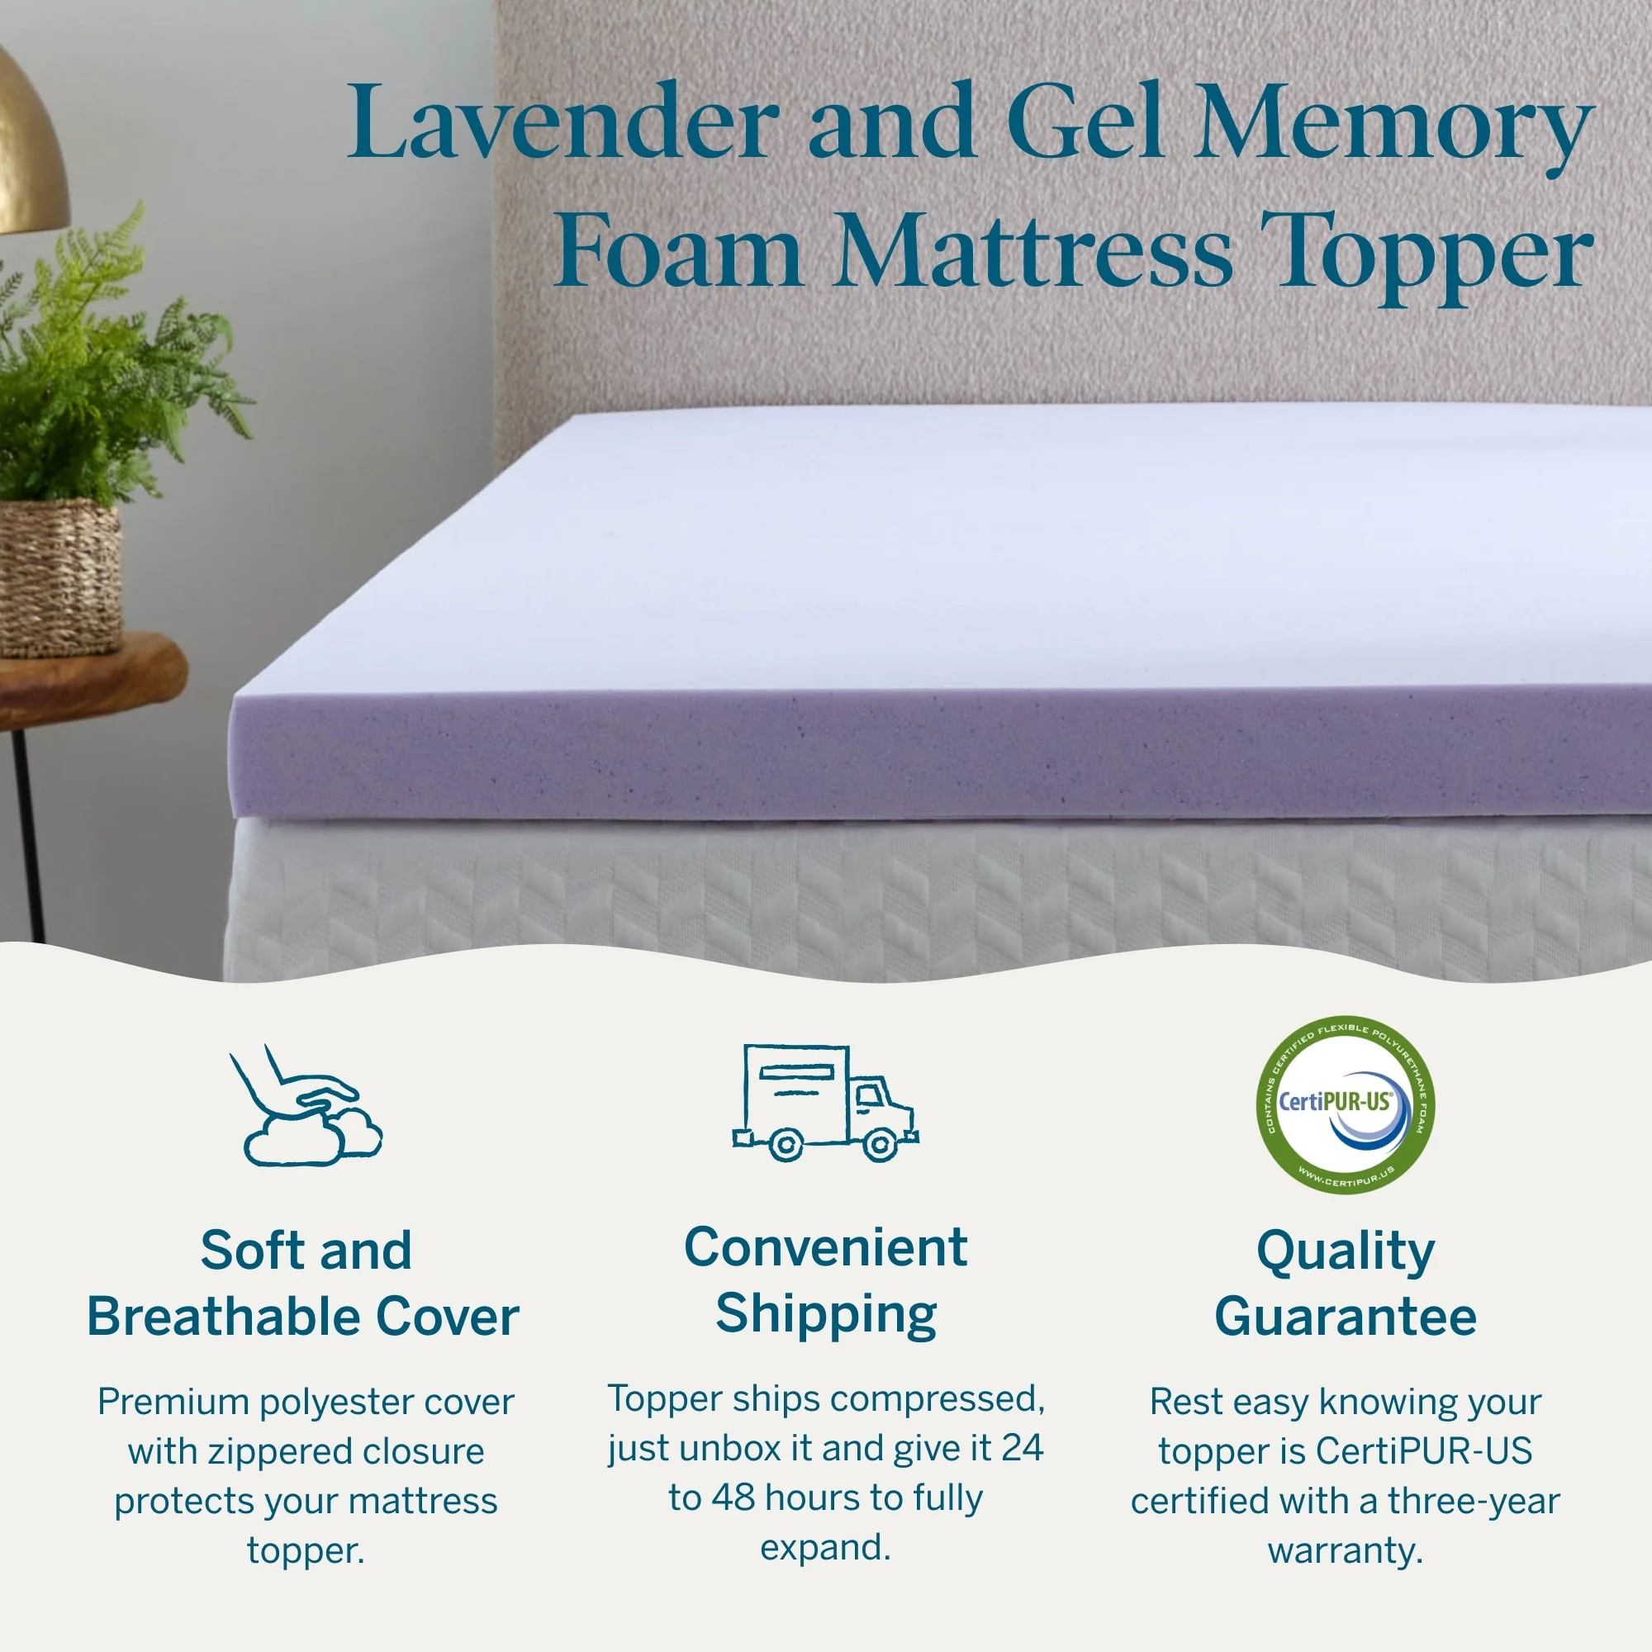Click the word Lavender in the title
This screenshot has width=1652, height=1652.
pyautogui.click(x=563, y=122)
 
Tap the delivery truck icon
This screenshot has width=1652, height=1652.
pyautogui.click(x=825, y=1103)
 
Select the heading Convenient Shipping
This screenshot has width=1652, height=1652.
pyautogui.click(x=826, y=1280)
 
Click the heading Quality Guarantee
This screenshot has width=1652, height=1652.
pyautogui.click(x=1345, y=1284)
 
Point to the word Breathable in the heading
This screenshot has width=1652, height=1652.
pyautogui.click(x=224, y=1316)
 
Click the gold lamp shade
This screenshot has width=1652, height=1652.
pyautogui.click(x=30, y=145)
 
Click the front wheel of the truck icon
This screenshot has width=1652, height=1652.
pyautogui.click(x=878, y=1144)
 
